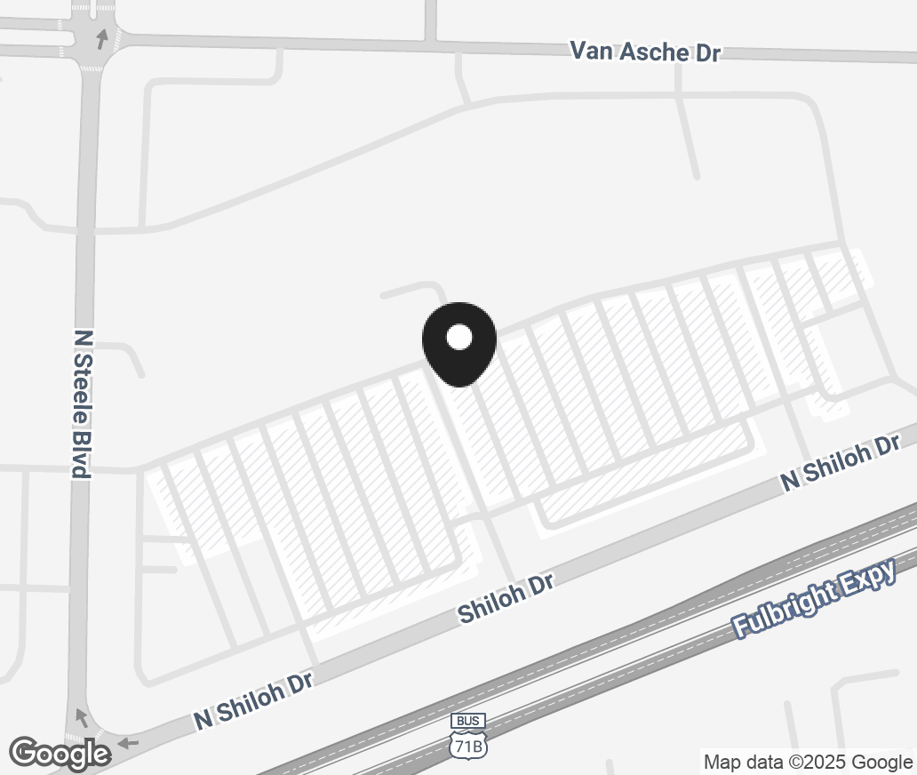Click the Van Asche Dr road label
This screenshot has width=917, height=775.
coord(644,52)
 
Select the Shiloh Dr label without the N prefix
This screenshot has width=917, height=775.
coord(506,597)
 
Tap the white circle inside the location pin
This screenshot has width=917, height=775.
coord(458,337)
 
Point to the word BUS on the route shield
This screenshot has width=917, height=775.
coord(468,721)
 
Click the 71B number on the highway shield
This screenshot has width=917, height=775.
coord(468,745)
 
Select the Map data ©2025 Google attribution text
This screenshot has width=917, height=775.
coord(808,763)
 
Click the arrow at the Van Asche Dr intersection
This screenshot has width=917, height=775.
coord(102,38)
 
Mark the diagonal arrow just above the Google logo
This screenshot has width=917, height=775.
coord(82,716)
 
